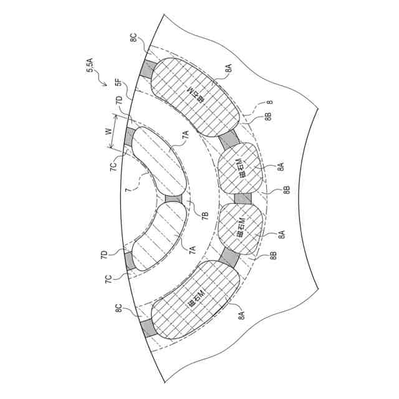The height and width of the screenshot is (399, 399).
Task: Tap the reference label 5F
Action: point(117,83)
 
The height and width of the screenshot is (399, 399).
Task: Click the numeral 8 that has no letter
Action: point(270,102)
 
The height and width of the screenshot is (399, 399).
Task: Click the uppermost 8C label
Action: point(134,37)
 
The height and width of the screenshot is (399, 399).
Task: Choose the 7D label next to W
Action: point(118,102)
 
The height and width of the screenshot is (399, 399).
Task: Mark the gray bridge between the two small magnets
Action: point(242,198)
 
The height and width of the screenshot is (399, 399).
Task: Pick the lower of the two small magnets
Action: point(239,229)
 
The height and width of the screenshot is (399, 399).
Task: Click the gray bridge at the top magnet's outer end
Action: point(147,69)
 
